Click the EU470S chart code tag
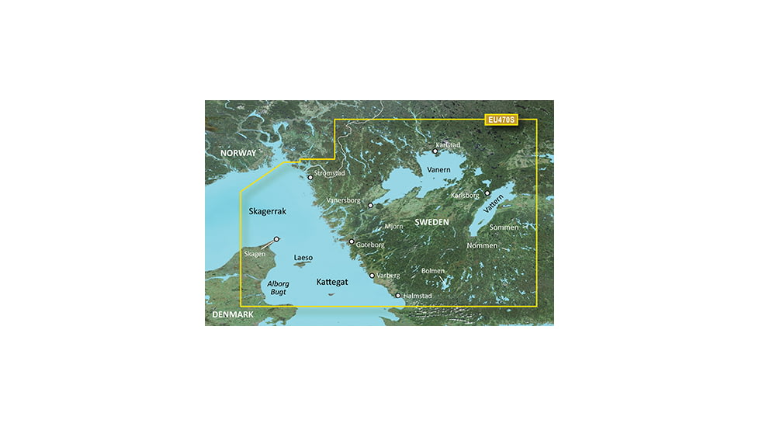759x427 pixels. tap(500, 120)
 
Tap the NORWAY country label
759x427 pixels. tap(237, 154)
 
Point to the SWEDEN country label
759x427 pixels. tap(431, 223)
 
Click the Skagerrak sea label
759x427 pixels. tap(268, 211)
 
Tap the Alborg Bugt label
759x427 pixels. tap(278, 287)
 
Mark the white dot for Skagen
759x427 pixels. tap(276, 240)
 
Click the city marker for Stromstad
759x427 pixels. tap(310, 178)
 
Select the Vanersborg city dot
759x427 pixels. tap(371, 206)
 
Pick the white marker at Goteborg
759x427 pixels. tap(352, 241)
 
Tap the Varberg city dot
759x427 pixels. tap(372, 276)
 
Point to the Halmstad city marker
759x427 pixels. tap(398, 296)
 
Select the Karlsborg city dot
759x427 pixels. tap(487, 193)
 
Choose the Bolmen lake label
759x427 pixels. tap(433, 271)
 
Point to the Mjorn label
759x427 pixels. tap(393, 227)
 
